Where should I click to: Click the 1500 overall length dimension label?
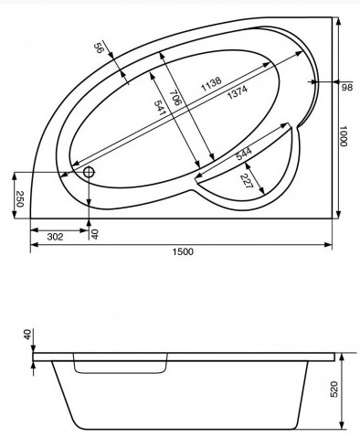183,251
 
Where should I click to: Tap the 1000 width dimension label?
344,136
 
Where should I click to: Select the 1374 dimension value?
238,92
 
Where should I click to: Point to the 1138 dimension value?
211,84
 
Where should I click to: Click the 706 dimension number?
175,97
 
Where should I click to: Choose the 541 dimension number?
160,108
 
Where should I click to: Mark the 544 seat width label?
244,154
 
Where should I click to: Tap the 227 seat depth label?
247,180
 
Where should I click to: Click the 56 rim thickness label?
99,48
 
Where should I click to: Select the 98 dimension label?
347,88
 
